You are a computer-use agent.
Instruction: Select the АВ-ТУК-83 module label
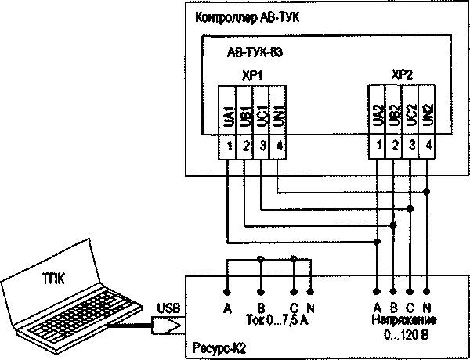[x=255, y=55]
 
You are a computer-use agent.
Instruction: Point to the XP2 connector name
[x=402, y=75]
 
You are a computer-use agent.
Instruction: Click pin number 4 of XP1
[x=279, y=146]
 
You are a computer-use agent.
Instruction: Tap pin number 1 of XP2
[x=378, y=146]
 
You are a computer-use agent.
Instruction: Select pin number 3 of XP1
[x=262, y=146]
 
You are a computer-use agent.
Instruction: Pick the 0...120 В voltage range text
[x=403, y=335]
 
